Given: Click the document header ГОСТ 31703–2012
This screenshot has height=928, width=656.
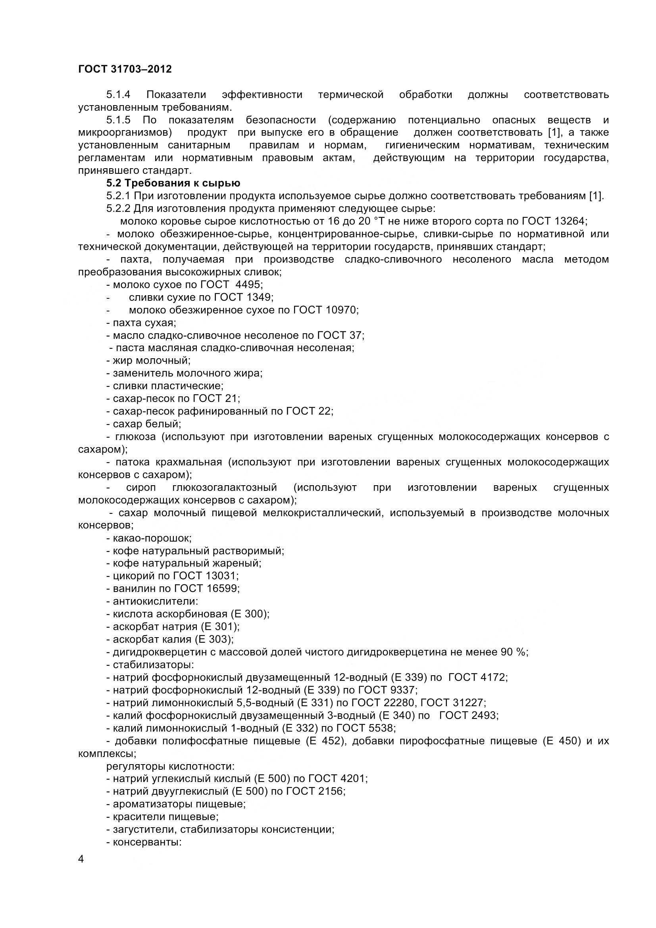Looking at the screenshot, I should point(125,69).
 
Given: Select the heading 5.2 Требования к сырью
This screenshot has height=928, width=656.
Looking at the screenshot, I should point(173,183).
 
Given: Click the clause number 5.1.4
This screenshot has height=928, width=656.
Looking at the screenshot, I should point(118,94).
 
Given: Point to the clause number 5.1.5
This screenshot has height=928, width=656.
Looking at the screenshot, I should point(118,120).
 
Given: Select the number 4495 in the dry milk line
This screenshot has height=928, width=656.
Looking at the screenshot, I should point(248,284).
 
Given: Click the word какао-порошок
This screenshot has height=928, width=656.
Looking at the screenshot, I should point(152,538).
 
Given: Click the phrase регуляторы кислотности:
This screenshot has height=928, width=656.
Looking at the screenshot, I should point(170,766).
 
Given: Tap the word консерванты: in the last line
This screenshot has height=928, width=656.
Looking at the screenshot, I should point(147,842).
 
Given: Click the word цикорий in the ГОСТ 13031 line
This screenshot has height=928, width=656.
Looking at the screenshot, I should point(131,576).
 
